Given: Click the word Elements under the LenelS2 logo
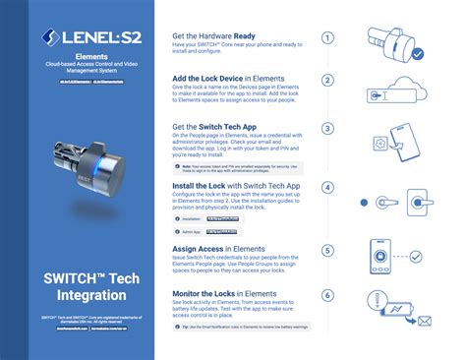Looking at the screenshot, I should click(x=78, y=57).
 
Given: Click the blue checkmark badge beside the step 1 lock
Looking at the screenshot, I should click(x=419, y=54).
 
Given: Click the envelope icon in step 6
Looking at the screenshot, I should click(x=424, y=321).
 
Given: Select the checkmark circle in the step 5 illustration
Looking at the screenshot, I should click(x=418, y=259).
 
